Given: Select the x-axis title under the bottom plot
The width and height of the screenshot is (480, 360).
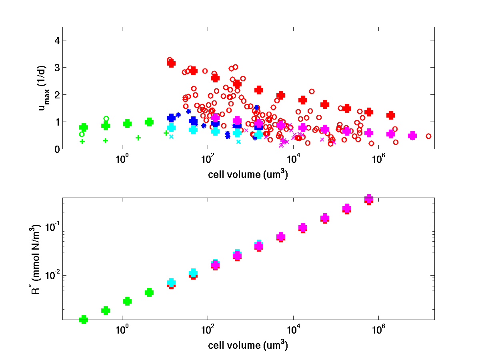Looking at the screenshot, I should [248, 345].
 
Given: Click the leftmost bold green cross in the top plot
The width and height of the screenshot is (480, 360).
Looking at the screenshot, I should [84, 128].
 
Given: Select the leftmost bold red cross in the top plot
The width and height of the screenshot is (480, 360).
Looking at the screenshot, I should [171, 63].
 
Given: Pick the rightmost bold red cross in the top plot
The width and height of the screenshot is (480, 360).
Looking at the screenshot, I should [391, 115].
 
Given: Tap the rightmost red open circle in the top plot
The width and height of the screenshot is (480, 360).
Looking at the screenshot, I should [428, 136].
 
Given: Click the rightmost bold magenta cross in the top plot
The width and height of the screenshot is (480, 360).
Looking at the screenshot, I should [412, 136].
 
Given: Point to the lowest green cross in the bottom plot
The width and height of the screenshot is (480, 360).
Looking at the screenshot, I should [84, 319].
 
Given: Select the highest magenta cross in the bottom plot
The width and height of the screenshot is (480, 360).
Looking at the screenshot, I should [369, 198].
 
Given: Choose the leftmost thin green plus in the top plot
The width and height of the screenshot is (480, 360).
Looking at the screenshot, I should [82, 141].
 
